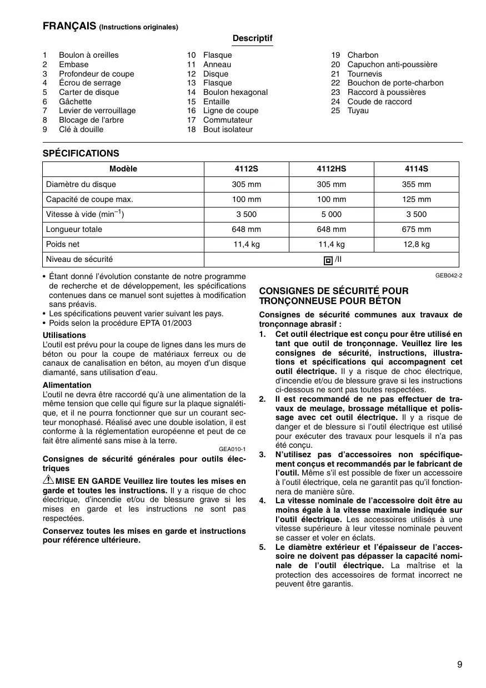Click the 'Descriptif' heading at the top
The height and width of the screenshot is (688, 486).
pyautogui.click(x=253, y=38)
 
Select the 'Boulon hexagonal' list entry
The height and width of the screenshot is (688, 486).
pyautogui.click(x=235, y=92)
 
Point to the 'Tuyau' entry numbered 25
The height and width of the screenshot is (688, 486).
pyautogui.click(x=358, y=110)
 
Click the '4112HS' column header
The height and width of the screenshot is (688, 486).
pyautogui.click(x=331, y=169)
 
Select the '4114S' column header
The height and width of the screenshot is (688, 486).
pyautogui.click(x=416, y=169)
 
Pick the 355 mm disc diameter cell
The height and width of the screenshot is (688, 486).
pyautogui.click(x=416, y=184)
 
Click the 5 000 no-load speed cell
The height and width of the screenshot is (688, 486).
pyautogui.click(x=331, y=214)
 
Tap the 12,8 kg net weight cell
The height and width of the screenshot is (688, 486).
pyautogui.click(x=416, y=244)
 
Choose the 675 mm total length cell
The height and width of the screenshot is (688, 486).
pyautogui.click(x=416, y=229)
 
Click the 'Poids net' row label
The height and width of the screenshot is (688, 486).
pyautogui.click(x=63, y=244)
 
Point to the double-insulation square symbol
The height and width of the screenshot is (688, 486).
pyautogui.click(x=328, y=260)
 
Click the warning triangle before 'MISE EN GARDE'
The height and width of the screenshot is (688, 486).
pyautogui.click(x=48, y=481)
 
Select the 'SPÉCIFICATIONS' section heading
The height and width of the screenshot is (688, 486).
pyautogui.click(x=81, y=153)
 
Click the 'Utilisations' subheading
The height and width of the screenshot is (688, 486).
pyautogui.click(x=64, y=335)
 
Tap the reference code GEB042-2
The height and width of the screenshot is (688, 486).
pyautogui.click(x=449, y=275)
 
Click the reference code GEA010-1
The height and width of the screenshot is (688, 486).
pyautogui.click(x=232, y=449)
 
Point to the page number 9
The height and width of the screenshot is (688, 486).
pyautogui.click(x=460, y=665)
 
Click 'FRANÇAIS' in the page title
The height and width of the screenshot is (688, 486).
pyautogui.click(x=69, y=26)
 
